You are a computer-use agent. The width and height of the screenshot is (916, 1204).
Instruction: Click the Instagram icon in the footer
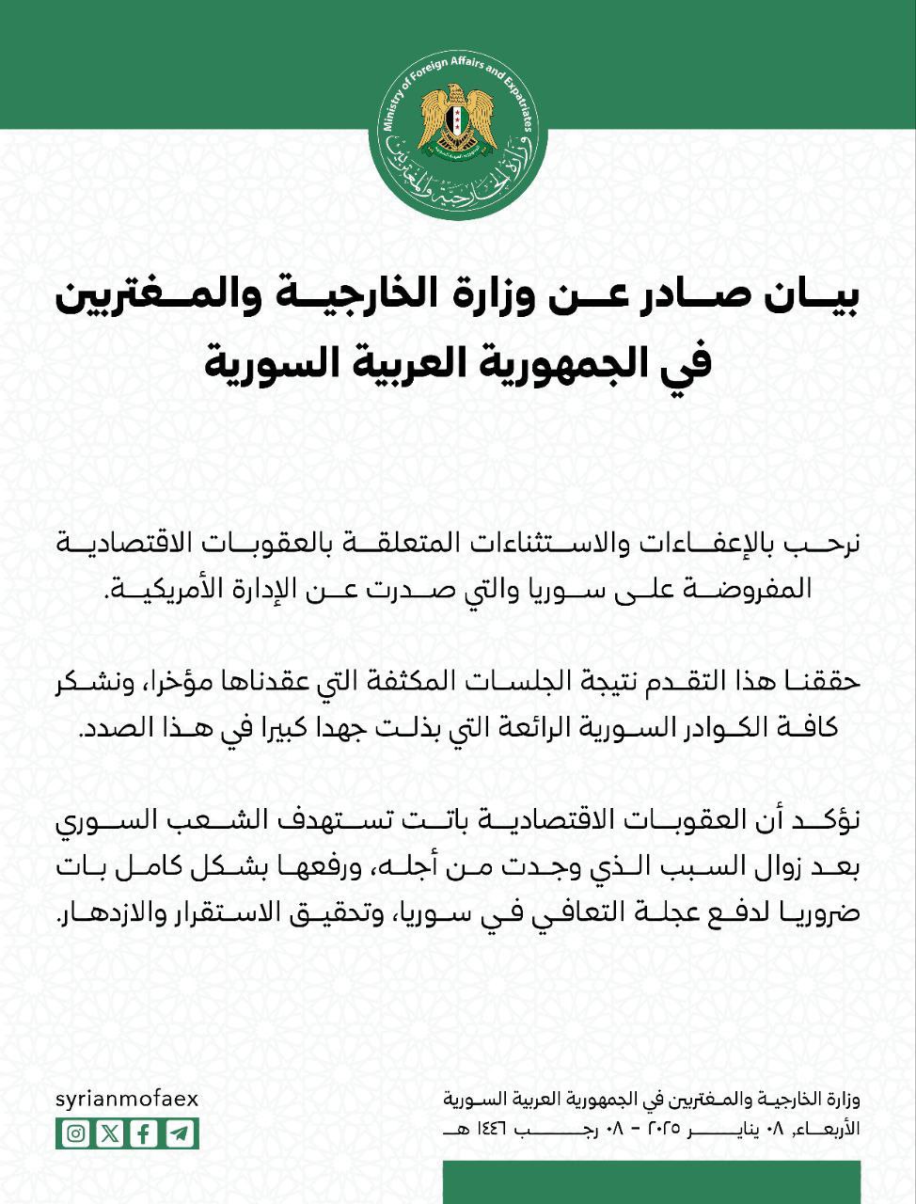[x=75, y=1133]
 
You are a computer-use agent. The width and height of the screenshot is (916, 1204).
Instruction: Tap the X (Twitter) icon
[x=110, y=1133]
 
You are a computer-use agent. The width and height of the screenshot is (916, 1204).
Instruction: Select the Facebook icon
[x=144, y=1133]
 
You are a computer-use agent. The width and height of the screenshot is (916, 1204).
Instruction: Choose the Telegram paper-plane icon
[x=179, y=1133]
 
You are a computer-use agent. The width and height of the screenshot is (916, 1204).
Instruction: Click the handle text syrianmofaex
[x=127, y=1100]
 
